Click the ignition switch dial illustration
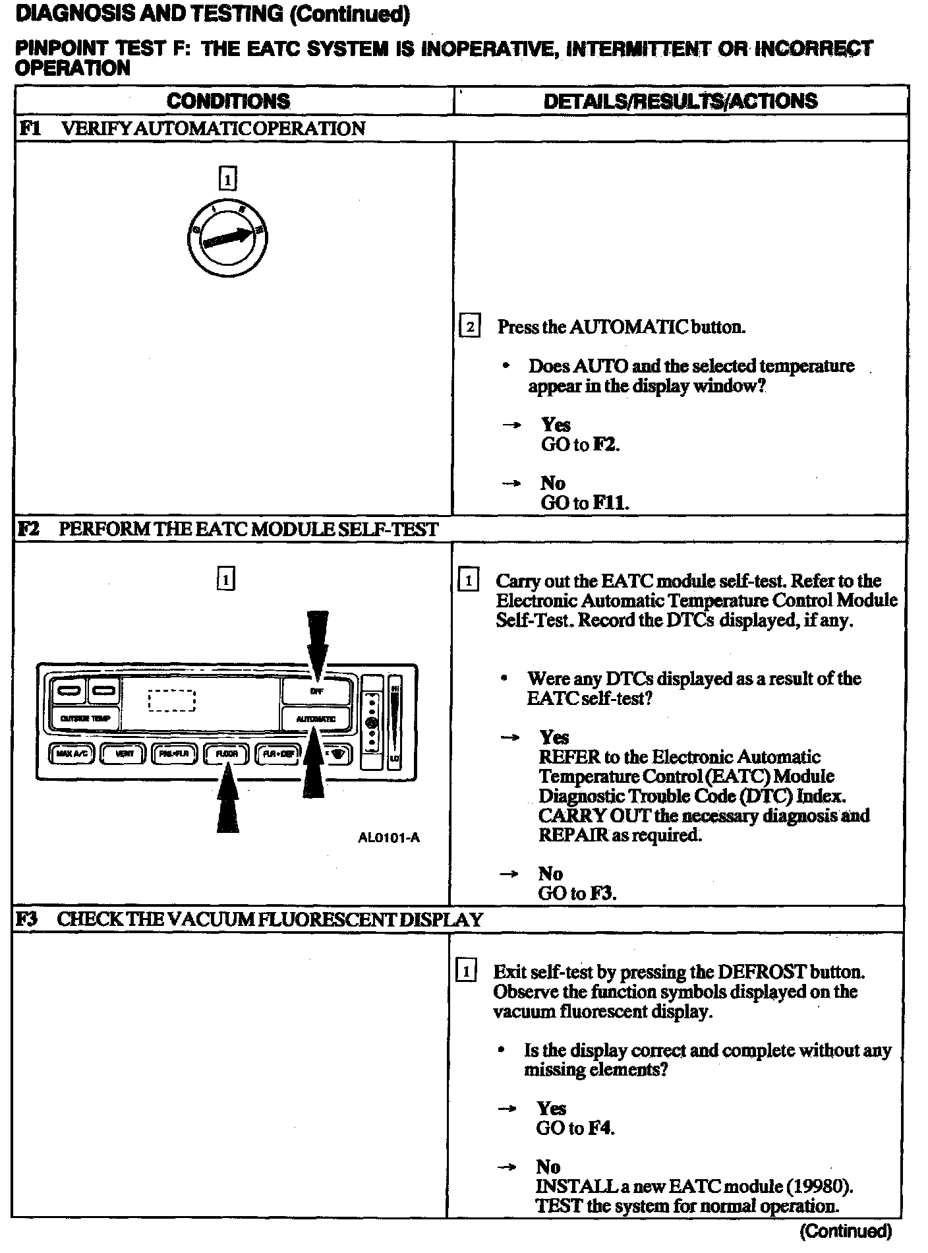click(227, 238)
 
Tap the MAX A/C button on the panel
click(72, 753)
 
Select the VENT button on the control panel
click(123, 753)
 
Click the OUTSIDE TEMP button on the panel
click(85, 718)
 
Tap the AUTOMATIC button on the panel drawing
click(316, 719)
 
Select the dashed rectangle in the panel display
click(172, 700)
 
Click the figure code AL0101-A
click(389, 838)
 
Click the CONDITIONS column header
click(228, 101)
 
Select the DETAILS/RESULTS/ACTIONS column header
click(680, 101)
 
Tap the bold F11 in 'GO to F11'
click(610, 503)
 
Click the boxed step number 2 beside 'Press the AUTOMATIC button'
click(469, 326)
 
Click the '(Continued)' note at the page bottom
click(846, 1231)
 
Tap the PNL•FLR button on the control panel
click(175, 753)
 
